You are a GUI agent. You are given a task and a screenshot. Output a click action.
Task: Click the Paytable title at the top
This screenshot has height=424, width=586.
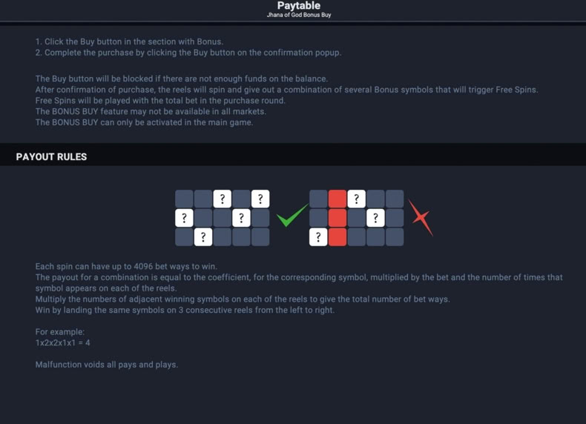pos(299,6)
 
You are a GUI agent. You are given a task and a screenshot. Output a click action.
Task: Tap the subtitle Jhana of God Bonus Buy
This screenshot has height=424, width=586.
pos(299,15)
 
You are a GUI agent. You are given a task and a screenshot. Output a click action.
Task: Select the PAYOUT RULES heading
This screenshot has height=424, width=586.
pos(51,156)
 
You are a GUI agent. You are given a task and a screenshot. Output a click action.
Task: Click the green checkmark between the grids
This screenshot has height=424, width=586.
pos(292,216)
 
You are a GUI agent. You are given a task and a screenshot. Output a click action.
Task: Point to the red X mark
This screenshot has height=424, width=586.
pos(421,217)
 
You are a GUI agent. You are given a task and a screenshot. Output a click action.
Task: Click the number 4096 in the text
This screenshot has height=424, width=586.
pos(143,266)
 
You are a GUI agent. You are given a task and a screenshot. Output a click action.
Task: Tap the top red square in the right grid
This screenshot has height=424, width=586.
pos(338,199)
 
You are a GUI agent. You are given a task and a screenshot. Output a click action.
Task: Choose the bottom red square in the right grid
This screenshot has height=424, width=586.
pos(338,237)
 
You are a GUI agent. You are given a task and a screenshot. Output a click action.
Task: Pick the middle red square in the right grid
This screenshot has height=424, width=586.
pos(338,218)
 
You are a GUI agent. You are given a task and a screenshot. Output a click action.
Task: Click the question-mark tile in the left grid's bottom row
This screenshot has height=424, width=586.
pos(203,237)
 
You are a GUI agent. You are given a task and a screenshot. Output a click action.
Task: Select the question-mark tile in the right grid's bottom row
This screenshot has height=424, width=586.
pos(318,237)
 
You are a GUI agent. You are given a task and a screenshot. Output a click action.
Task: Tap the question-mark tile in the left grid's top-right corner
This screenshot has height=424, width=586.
pos(260,199)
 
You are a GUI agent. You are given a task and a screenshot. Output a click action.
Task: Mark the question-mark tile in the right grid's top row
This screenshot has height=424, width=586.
pos(357,199)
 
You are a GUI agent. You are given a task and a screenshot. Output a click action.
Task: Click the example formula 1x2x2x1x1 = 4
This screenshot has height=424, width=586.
pos(63,342)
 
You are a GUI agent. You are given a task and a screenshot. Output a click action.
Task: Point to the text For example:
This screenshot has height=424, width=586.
pos(60,332)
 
